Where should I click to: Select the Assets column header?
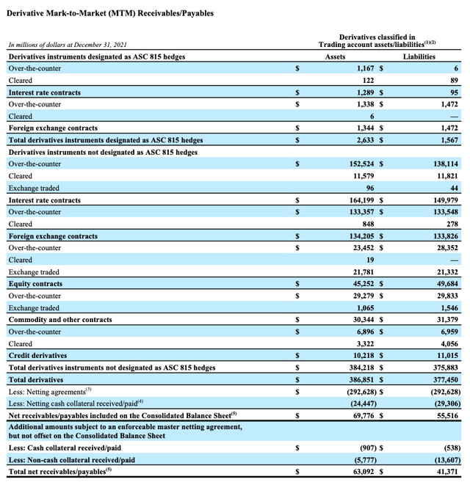pos(335,56)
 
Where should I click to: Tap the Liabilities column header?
pos(419,56)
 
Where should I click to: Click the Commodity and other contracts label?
pos(60,320)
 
